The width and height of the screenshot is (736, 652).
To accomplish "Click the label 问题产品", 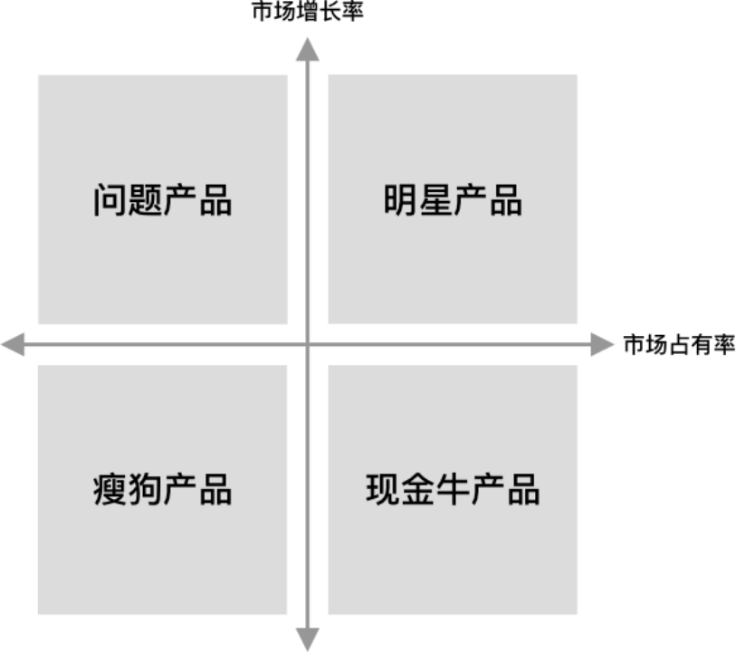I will (163, 200).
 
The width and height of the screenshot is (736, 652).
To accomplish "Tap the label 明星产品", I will (453, 200).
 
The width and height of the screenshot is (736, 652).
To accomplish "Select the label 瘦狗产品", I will (163, 490).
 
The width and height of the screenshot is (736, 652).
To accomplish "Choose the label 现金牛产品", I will (453, 490).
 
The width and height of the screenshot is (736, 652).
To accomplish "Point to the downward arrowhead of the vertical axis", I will (308, 639).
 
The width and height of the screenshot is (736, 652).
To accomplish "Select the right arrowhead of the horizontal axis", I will (604, 344).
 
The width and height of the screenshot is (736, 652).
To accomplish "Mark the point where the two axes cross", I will (308, 344).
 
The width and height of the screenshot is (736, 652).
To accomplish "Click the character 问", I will (110, 200).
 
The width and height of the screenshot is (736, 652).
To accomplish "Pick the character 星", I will (435, 200).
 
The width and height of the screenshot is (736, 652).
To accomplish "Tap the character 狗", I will (146, 490).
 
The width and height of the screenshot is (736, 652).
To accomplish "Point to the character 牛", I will (453, 490).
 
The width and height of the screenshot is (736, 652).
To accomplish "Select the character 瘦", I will (110, 490).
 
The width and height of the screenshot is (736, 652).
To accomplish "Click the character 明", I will (400, 200).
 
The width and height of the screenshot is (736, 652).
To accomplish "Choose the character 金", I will (418, 490).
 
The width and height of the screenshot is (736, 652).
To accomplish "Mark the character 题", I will (146, 200).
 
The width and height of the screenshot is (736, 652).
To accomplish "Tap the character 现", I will (383, 490).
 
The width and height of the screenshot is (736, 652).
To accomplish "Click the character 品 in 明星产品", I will (505, 200).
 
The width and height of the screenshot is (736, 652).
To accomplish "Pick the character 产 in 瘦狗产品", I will (180, 490).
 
